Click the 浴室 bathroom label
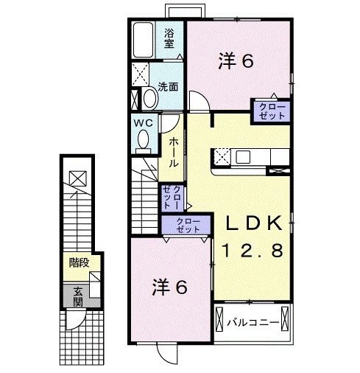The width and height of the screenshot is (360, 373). click(169, 38)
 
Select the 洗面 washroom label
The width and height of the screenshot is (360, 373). click(168, 86)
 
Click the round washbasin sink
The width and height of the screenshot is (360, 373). click(149, 99)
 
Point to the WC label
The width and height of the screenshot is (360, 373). click(144, 123)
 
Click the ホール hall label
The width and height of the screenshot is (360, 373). click(173, 151)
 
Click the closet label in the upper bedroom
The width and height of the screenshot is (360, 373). click(272, 111)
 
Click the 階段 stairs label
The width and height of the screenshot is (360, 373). click(79, 263)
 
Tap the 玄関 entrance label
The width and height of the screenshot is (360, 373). click(78, 295)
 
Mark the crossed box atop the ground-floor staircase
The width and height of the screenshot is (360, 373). click(77, 177)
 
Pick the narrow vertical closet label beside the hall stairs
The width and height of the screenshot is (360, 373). click(172, 196)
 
